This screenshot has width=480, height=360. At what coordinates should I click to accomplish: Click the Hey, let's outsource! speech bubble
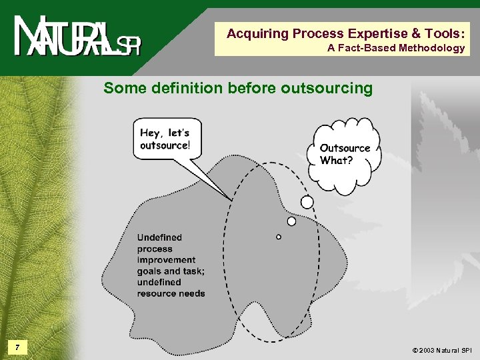[165, 139]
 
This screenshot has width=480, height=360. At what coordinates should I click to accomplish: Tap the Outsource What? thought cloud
[344, 155]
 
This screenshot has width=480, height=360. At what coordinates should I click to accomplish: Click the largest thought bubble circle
[307, 202]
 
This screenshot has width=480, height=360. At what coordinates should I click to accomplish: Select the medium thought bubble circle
[291, 221]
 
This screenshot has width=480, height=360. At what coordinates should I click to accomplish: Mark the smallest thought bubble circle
[279, 237]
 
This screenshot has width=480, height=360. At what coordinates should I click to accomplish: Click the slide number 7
[19, 347]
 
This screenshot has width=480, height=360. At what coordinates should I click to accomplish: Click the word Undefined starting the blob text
[159, 237]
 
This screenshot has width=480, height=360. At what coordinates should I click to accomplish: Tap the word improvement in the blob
[167, 260]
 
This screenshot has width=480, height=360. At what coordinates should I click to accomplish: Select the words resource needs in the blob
[171, 293]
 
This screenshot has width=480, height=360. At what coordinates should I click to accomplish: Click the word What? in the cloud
[337, 161]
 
